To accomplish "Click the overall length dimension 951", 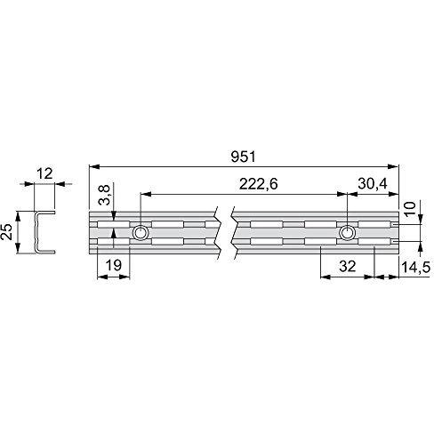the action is tap(243, 157).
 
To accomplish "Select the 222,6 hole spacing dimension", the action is tap(259, 184).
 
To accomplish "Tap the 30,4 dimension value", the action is tap(373, 184).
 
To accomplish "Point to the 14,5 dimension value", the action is tap(415, 267).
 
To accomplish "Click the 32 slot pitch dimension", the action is tap(348, 267).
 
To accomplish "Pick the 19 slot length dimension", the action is tap(114, 265).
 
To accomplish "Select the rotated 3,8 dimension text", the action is tap(105, 195).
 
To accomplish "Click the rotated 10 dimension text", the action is tap(410, 209).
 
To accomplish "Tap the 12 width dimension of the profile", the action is tap(44, 173).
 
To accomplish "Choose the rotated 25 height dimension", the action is tap(7, 232).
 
